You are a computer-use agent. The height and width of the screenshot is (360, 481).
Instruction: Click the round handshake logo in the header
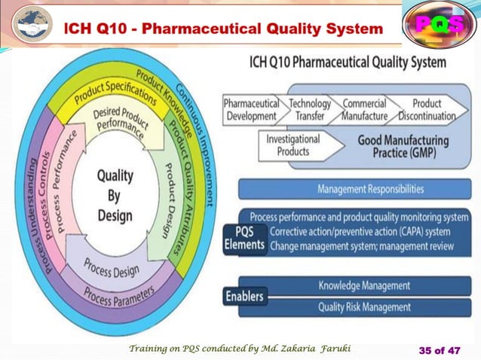(x=31, y=24)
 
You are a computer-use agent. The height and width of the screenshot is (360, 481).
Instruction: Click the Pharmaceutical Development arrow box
(x=251, y=110)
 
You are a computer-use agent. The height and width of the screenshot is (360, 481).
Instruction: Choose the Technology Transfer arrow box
(x=309, y=110)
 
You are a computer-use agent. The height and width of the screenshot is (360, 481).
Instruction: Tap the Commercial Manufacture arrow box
(x=365, y=110)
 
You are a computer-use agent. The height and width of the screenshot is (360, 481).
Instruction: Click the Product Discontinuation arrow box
(x=427, y=110)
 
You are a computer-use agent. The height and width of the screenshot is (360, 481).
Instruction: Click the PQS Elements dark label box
(x=245, y=238)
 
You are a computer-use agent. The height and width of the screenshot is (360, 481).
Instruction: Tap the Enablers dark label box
(x=245, y=297)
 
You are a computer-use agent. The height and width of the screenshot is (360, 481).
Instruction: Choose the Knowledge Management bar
(x=364, y=286)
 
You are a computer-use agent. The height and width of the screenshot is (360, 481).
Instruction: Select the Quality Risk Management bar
(x=364, y=307)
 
